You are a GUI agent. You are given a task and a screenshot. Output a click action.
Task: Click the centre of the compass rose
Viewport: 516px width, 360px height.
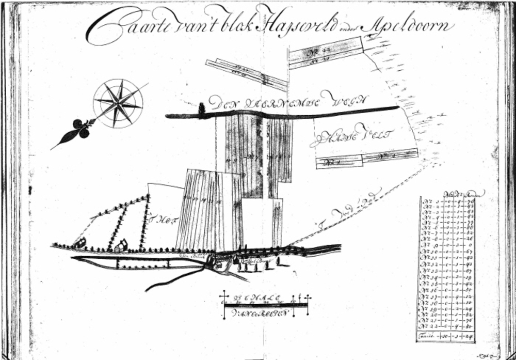pos(118,103)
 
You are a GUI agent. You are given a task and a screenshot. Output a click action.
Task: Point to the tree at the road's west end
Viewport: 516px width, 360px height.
pos(202,108)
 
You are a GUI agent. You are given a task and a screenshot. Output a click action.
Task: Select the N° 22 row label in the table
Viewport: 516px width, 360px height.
pos(431,325)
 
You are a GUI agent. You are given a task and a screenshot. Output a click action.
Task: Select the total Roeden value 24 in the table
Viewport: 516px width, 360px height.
pos(470,337)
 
